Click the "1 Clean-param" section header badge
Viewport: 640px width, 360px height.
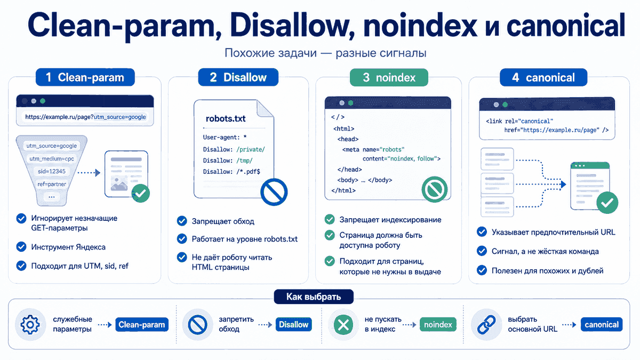click(85, 77)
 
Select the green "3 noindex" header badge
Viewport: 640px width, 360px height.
click(389, 77)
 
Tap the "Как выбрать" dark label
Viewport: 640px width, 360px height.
click(314, 297)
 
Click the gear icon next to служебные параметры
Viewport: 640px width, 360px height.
click(30, 325)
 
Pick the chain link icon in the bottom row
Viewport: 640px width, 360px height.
click(486, 325)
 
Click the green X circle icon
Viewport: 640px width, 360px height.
click(343, 325)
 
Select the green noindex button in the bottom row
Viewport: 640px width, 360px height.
click(438, 325)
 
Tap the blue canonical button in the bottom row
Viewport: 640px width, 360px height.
click(602, 325)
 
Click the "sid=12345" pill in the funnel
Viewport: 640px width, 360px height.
click(52, 171)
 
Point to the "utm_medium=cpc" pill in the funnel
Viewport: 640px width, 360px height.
click(52, 158)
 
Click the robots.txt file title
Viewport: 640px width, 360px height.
click(226, 118)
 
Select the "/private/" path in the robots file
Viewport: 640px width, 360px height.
click(251, 149)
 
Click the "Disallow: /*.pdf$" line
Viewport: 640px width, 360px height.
click(231, 172)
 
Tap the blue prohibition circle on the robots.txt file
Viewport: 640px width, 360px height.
click(274, 192)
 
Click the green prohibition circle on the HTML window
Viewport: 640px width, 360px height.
click(435, 189)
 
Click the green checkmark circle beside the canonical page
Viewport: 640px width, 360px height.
click(607, 203)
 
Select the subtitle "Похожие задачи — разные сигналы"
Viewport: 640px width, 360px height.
click(325, 53)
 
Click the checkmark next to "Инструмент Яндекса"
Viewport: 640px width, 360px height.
click(21, 246)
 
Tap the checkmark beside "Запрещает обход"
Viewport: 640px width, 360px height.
click(182, 221)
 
